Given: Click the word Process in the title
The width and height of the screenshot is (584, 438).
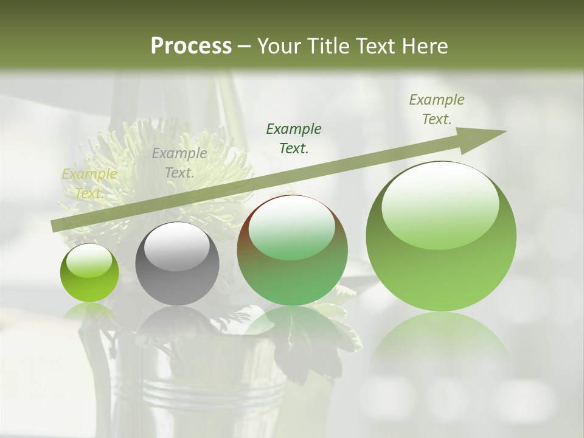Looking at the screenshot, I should point(191,46).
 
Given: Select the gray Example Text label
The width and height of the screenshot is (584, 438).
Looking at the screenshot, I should point(179,163).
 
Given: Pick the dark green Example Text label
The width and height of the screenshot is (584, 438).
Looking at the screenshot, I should point(294,138).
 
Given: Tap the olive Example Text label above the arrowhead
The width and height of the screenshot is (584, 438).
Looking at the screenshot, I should point(437,109).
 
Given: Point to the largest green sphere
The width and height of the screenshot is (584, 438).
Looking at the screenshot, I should point(441,243).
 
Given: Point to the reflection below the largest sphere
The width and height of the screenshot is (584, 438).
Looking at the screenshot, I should point(441,341).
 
